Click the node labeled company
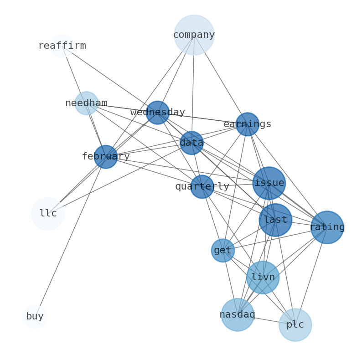pyautogui.click(x=194, y=35)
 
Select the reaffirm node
pyautogui.click(x=62, y=46)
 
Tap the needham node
pyautogui.click(x=86, y=103)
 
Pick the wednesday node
pyautogui.click(x=158, y=113)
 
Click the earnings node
pyautogui.click(x=247, y=124)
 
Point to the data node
pyautogui.click(x=191, y=143)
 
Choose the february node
pyautogui.click(x=106, y=157)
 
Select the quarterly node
pyautogui.click(x=202, y=186)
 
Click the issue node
pyautogui.click(x=269, y=183)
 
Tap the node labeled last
pyautogui.click(x=275, y=220)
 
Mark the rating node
pyautogui.click(x=327, y=227)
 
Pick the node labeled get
pyautogui.click(x=223, y=250)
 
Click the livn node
pyautogui.click(x=263, y=277)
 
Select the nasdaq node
pyautogui.click(x=238, y=314)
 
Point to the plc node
pyautogui.click(x=295, y=325)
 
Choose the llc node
pyautogui.click(x=48, y=214)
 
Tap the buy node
pyautogui.click(x=35, y=316)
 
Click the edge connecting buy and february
pyautogui.click(x=70, y=237)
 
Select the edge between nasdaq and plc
pyautogui.click(x=266, y=319)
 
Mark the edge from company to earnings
pyautogui.click(x=221, y=79)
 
